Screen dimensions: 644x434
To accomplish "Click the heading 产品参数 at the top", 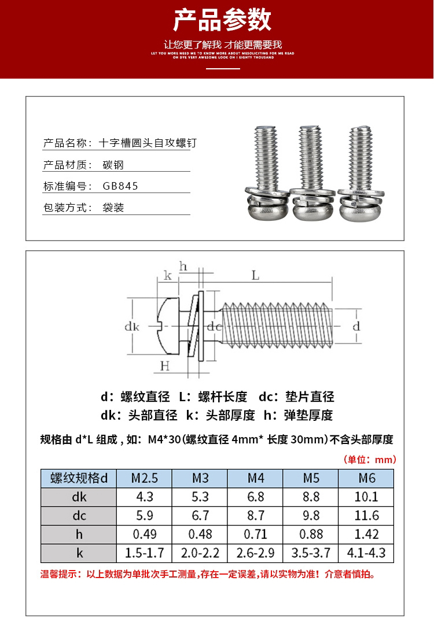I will (222, 21).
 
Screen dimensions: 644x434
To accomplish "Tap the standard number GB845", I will (120, 186).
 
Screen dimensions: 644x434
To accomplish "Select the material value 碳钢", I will (113, 165).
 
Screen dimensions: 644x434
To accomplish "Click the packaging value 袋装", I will (113, 208).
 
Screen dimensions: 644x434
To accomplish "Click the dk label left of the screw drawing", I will (132, 327).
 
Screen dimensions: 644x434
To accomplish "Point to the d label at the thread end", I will (356, 326).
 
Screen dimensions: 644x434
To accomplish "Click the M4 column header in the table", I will (256, 478).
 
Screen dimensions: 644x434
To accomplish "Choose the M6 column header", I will (367, 478).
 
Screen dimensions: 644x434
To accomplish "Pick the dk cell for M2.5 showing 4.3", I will (145, 497).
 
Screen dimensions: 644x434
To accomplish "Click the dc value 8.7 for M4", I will (256, 515).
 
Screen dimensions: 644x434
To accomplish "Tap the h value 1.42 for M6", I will (367, 534).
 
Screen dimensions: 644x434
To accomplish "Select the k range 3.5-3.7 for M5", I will (311, 553).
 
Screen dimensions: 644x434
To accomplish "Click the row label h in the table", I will (79, 534).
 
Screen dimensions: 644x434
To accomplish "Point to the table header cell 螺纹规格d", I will (79, 478).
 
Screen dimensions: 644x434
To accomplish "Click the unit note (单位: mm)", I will (370, 460).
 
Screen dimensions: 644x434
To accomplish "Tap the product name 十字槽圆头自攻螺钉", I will (148, 143).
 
